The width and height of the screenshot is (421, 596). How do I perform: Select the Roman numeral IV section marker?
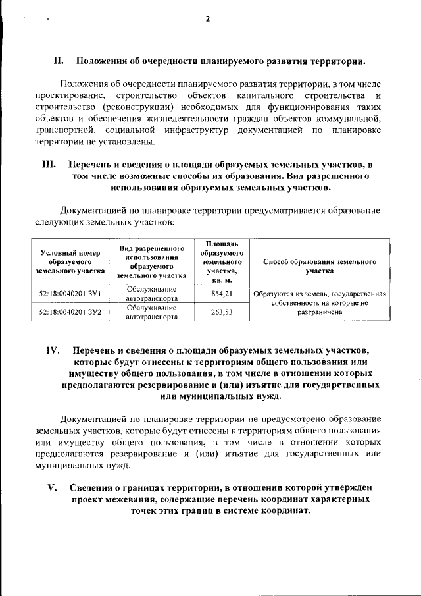pos(53,349)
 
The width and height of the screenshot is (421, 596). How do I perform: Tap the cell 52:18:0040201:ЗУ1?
pos(70,294)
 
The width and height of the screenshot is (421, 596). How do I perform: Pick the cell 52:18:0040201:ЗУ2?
pos(70,312)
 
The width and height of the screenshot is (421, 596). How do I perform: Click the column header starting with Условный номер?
pos(70,261)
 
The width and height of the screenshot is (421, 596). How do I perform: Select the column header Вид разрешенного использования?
pos(151,261)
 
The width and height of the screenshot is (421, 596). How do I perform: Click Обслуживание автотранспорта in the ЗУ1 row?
pos(151,294)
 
